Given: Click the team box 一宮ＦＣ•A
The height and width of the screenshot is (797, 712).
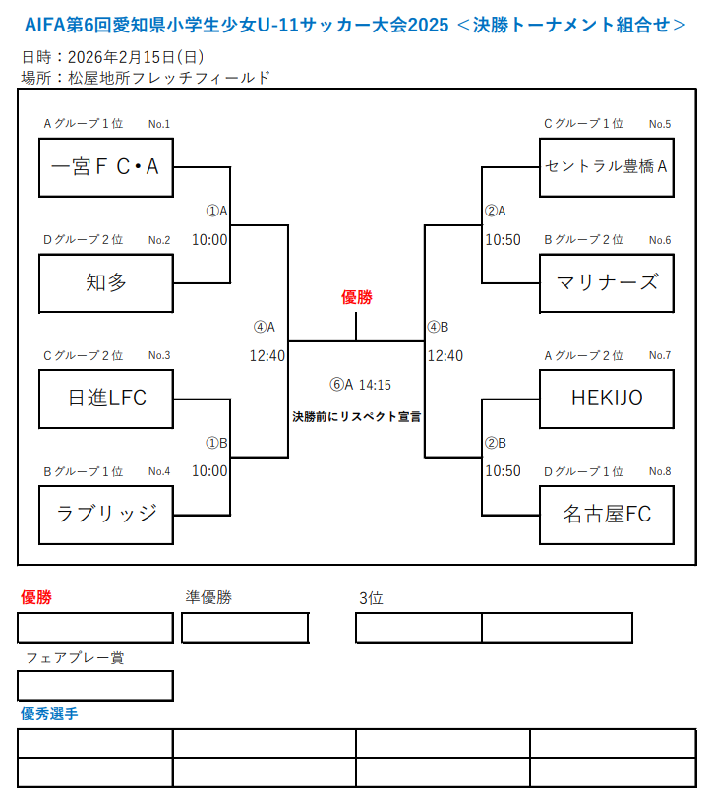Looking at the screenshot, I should pos(106,167).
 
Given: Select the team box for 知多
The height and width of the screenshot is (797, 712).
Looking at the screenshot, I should pos(106,282).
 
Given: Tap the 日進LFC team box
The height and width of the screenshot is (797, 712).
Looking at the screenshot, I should pos(106,398).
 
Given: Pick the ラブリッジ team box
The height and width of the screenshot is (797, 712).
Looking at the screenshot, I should pos(106,513).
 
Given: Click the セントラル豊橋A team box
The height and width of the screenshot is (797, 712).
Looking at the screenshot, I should pos(607,167).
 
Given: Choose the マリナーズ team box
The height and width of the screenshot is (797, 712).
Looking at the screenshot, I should pos(607,282).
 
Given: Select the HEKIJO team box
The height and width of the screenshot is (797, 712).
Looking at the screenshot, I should pos(607,398).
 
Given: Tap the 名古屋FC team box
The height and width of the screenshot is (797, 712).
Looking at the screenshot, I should pos(607,513).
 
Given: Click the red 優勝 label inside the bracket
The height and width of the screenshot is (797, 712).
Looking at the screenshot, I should pos(356,297).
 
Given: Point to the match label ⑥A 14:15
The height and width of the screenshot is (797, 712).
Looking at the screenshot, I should pos(360,385).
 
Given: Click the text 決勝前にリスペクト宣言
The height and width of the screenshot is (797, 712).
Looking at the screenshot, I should pos(356,416).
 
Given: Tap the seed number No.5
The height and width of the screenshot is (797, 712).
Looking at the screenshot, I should pos(660,124).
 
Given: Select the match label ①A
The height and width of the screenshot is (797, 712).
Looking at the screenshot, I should pos(216,211).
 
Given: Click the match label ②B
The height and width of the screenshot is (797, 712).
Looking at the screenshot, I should pos(496,443).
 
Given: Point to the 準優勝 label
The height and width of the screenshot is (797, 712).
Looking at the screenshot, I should pos(208,596).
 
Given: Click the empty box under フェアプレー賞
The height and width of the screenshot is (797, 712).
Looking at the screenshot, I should pos(95,685).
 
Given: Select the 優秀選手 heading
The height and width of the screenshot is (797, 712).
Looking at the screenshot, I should pos(49,714).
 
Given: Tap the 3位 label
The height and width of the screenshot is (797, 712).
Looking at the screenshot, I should pos(371,597).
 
